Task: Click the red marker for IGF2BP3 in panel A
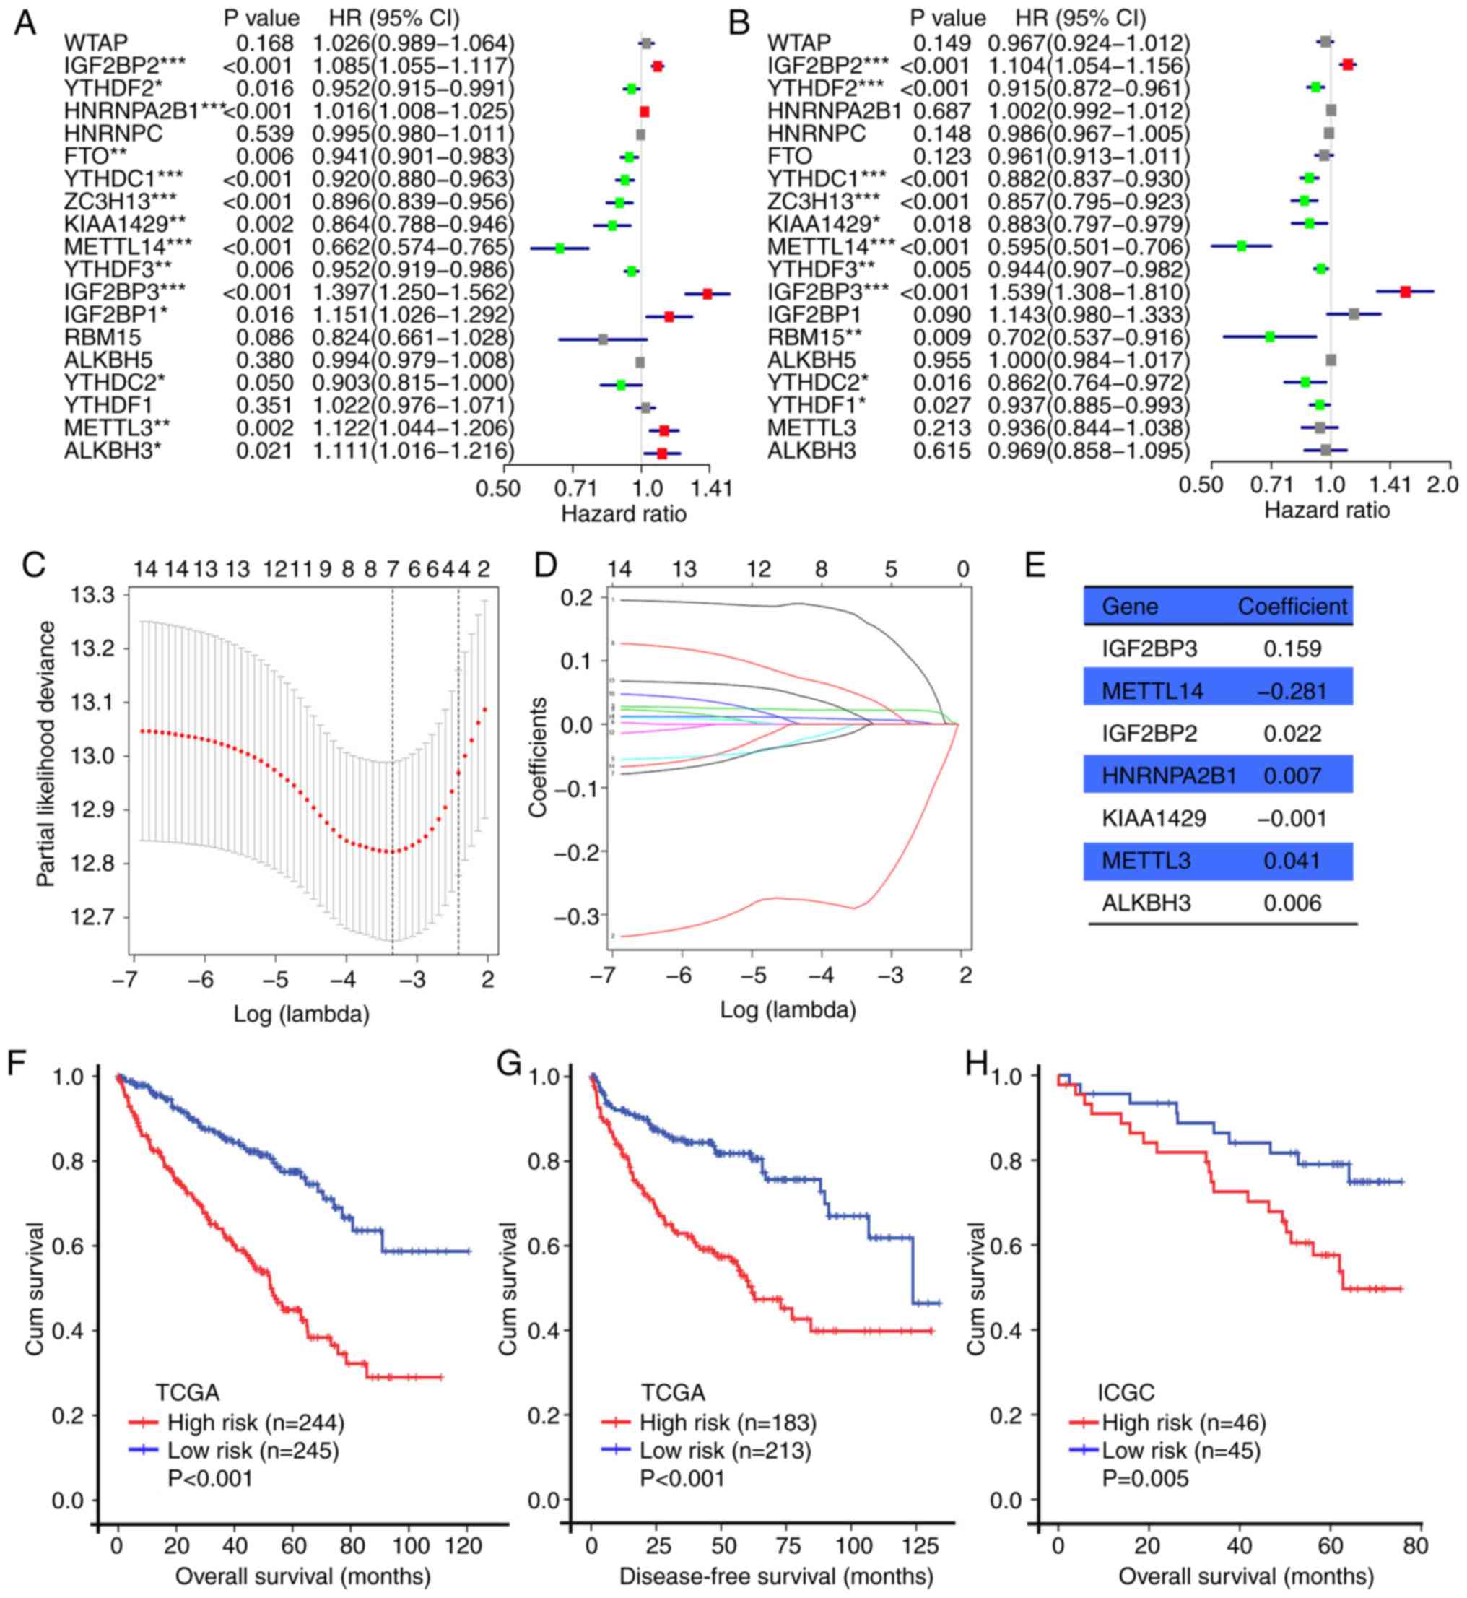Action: pyautogui.click(x=708, y=294)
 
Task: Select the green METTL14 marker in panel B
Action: pyautogui.click(x=1242, y=247)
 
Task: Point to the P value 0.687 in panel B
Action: pyautogui.click(x=941, y=111)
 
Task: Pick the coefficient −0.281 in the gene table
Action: pyautogui.click(x=1292, y=692)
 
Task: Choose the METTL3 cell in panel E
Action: pyautogui.click(x=1146, y=861)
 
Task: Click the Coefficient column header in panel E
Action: pyautogui.click(x=1292, y=607)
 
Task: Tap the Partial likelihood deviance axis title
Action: pyautogui.click(x=48, y=754)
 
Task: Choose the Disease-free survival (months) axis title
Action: pyautogui.click(x=775, y=1576)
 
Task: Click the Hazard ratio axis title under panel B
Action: pyautogui.click(x=1326, y=510)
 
